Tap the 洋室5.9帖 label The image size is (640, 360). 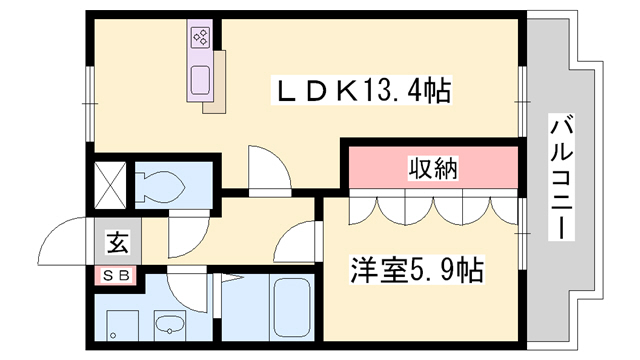(x=417, y=269)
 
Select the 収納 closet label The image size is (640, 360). (x=433, y=169)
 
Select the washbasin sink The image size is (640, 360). (x=171, y=324)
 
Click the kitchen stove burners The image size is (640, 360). (x=199, y=39)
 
